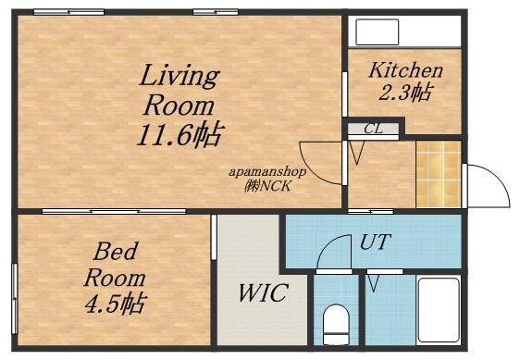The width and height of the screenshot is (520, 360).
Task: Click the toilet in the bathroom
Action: [336, 325]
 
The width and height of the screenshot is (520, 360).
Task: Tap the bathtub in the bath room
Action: [439, 310]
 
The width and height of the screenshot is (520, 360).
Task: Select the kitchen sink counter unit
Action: [378, 32]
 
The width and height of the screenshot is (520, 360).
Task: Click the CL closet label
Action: [373, 129]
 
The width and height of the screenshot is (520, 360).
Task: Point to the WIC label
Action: [263, 292]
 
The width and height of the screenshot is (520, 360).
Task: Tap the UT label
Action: [375, 242]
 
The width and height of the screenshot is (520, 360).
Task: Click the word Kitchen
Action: [405, 70]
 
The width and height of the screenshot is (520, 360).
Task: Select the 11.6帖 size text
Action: [180, 135]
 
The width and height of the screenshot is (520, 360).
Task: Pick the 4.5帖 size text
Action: [116, 304]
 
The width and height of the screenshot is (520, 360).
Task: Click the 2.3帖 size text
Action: [405, 93]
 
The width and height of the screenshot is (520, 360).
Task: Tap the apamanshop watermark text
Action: [267, 172]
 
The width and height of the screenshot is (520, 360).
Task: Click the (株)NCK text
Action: [267, 186]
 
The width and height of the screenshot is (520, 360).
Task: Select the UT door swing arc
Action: [327, 244]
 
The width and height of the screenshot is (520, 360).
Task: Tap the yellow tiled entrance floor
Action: [439, 175]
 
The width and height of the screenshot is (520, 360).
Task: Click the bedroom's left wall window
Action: [14, 299]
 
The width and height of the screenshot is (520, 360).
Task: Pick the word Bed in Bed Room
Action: [115, 251]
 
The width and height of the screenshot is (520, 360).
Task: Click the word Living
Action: [180, 77]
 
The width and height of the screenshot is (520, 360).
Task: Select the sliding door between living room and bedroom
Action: [114, 211]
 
